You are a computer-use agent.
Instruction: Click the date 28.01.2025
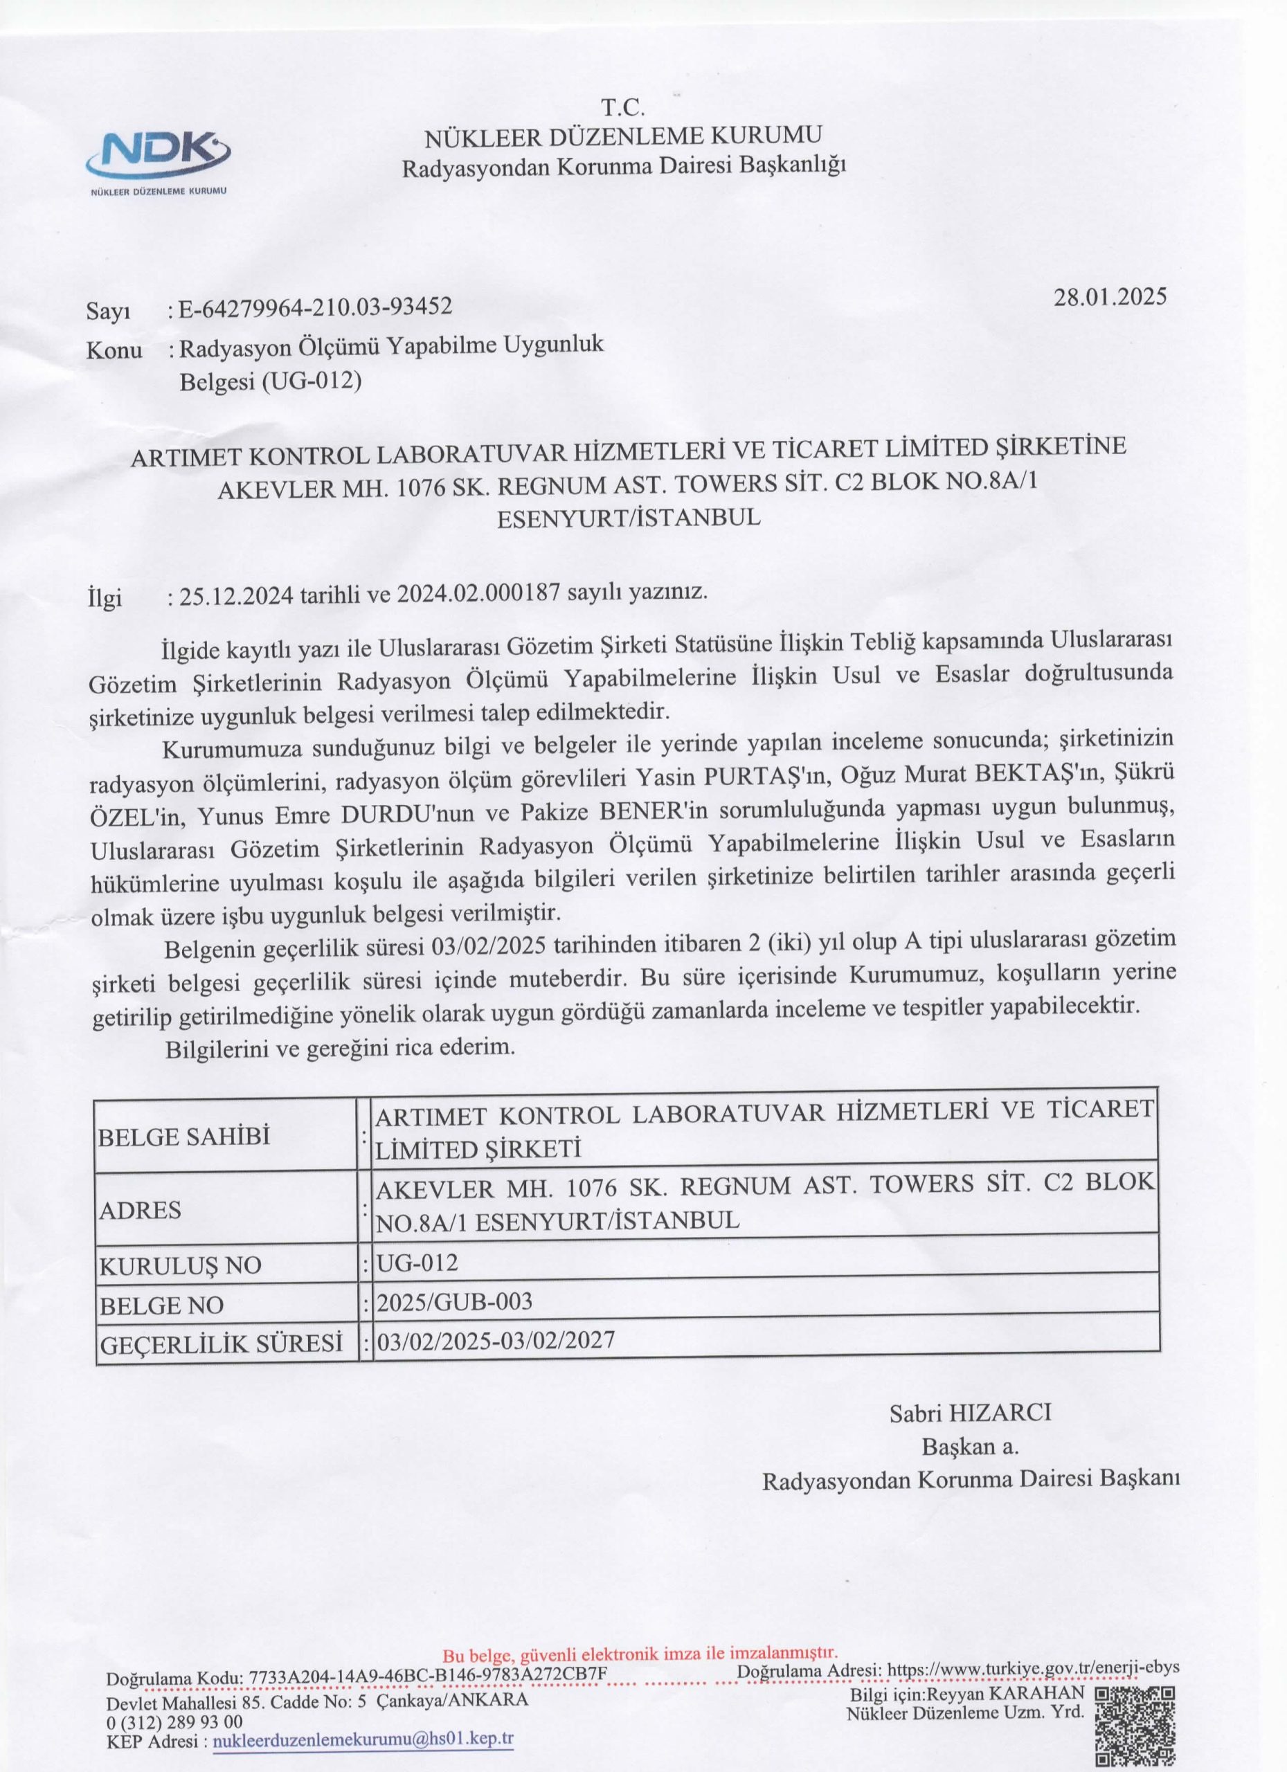pos(1110,298)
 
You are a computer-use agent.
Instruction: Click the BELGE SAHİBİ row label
pos(184,1136)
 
